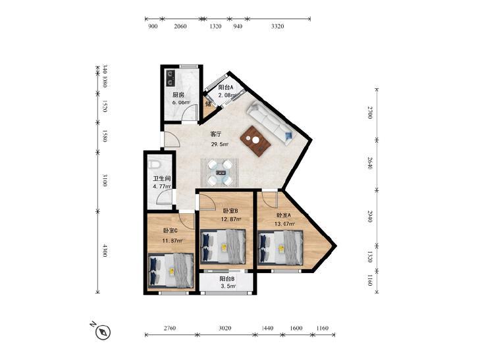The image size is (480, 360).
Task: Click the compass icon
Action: pyautogui.click(x=103, y=332)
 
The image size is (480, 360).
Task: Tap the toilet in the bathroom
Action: pyautogui.click(x=155, y=165)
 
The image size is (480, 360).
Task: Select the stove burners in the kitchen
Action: pyautogui.click(x=170, y=78)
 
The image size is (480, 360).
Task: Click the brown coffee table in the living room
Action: pyautogui.click(x=255, y=141)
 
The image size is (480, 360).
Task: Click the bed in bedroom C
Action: pyautogui.click(x=171, y=270)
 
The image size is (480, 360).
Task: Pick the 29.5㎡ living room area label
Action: pyautogui.click(x=219, y=144)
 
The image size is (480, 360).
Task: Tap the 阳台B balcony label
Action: pyautogui.click(x=227, y=279)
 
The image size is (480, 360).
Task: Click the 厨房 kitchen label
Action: pyautogui.click(x=178, y=95)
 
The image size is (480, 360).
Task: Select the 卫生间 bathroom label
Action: pyautogui.click(x=161, y=178)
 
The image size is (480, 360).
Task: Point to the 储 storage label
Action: pyautogui.click(x=209, y=104)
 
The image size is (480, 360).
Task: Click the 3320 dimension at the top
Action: pyautogui.click(x=277, y=26)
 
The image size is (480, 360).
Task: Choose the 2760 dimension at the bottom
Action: pyautogui.click(x=169, y=328)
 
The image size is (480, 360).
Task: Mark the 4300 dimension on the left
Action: pyautogui.click(x=105, y=251)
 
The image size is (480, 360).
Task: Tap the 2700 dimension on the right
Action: pyautogui.click(x=369, y=113)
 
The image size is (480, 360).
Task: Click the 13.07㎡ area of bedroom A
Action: pyautogui.click(x=284, y=224)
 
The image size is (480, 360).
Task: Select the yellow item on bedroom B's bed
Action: pyautogui.click(x=224, y=247)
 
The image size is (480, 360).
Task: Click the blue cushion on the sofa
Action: pyautogui.click(x=288, y=136)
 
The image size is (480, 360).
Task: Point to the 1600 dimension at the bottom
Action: pyautogui.click(x=296, y=328)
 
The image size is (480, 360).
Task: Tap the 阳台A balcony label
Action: pyautogui.click(x=226, y=87)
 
